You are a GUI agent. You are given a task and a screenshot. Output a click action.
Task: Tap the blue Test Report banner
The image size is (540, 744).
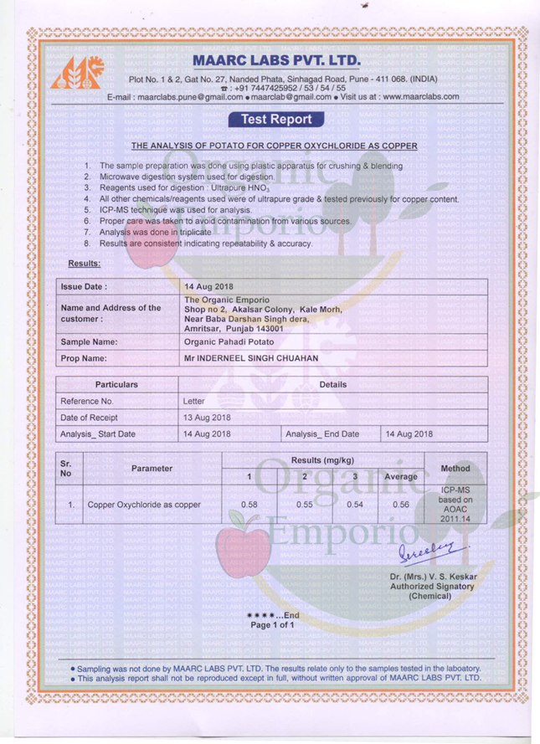coord(276,119)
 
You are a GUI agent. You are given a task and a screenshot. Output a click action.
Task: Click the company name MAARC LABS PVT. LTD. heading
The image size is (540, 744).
coord(276,61)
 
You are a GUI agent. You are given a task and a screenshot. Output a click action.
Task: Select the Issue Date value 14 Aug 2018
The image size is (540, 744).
coord(209,286)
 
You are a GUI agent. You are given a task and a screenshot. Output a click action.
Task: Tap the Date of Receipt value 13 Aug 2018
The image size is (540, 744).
coord(207,417)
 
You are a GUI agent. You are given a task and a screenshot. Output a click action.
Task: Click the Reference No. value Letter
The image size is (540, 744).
coord(193,401)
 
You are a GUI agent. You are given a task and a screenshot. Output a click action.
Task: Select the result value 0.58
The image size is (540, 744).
coord(249,505)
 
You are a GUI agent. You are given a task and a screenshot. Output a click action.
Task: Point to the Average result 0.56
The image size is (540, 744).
coord(400,505)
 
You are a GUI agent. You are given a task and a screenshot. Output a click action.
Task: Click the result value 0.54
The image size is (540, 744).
coord(355,505)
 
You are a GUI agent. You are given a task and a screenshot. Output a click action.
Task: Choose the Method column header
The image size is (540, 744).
coord(455,468)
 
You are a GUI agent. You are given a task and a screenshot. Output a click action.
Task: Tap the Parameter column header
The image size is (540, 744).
coord(152,468)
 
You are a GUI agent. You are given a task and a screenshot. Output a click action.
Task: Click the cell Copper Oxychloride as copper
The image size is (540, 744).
coord(145,505)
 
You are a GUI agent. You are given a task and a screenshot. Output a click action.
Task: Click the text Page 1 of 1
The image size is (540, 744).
coord(273,625)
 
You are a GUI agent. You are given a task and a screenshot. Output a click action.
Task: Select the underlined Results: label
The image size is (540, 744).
coord(84,264)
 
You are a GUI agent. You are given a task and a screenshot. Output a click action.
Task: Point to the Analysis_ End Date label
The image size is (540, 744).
coord(322,434)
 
